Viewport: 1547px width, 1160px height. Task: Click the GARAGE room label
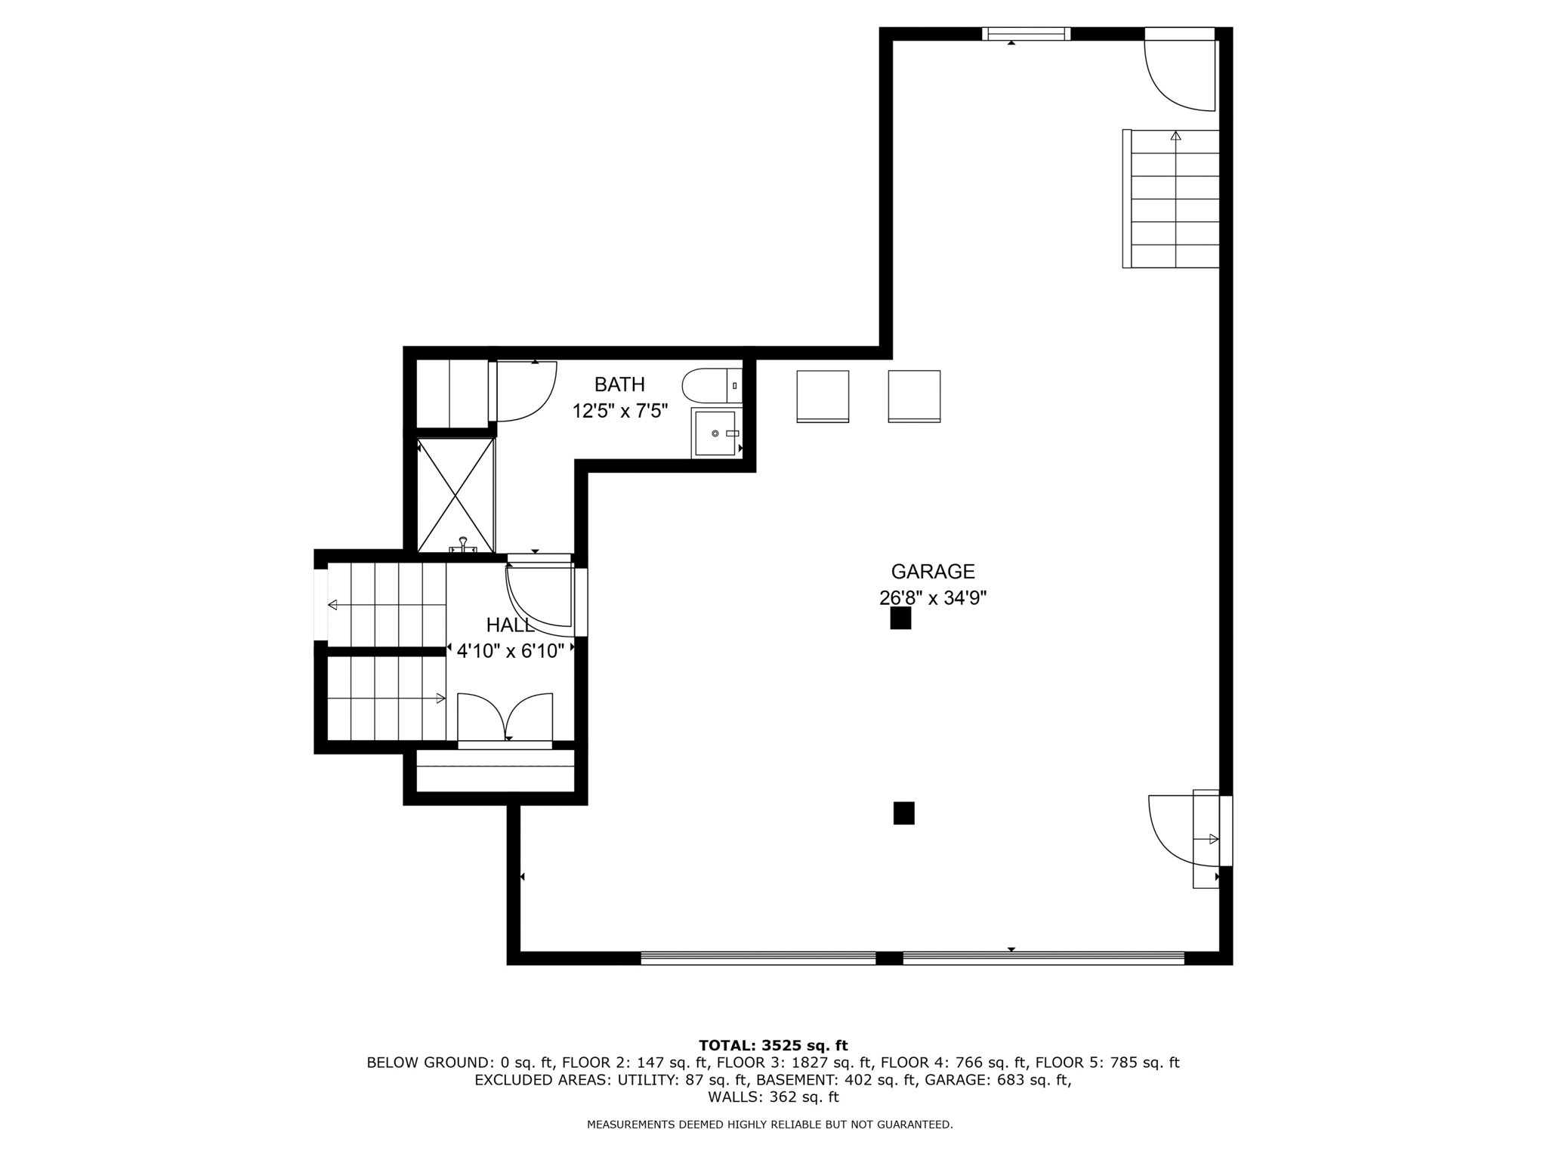932,572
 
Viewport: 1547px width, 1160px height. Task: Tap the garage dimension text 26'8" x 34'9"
932,598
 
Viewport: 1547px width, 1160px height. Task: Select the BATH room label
619,384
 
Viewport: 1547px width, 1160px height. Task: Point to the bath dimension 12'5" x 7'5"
619,412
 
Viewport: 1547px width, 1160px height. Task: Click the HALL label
510,625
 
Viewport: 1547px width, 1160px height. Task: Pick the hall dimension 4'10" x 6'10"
510,651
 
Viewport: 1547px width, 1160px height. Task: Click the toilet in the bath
710,386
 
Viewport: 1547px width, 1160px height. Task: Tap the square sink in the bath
715,433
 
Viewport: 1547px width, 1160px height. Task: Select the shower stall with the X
455,495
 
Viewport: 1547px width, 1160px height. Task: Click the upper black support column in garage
900,619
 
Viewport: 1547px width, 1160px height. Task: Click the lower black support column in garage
903,813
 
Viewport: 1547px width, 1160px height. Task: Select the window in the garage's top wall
1026,33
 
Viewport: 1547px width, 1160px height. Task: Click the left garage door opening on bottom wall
758,958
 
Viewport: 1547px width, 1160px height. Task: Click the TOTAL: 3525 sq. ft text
773,1046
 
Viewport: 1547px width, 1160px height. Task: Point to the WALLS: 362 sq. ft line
773,1097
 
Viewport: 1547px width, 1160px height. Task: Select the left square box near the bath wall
823,396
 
